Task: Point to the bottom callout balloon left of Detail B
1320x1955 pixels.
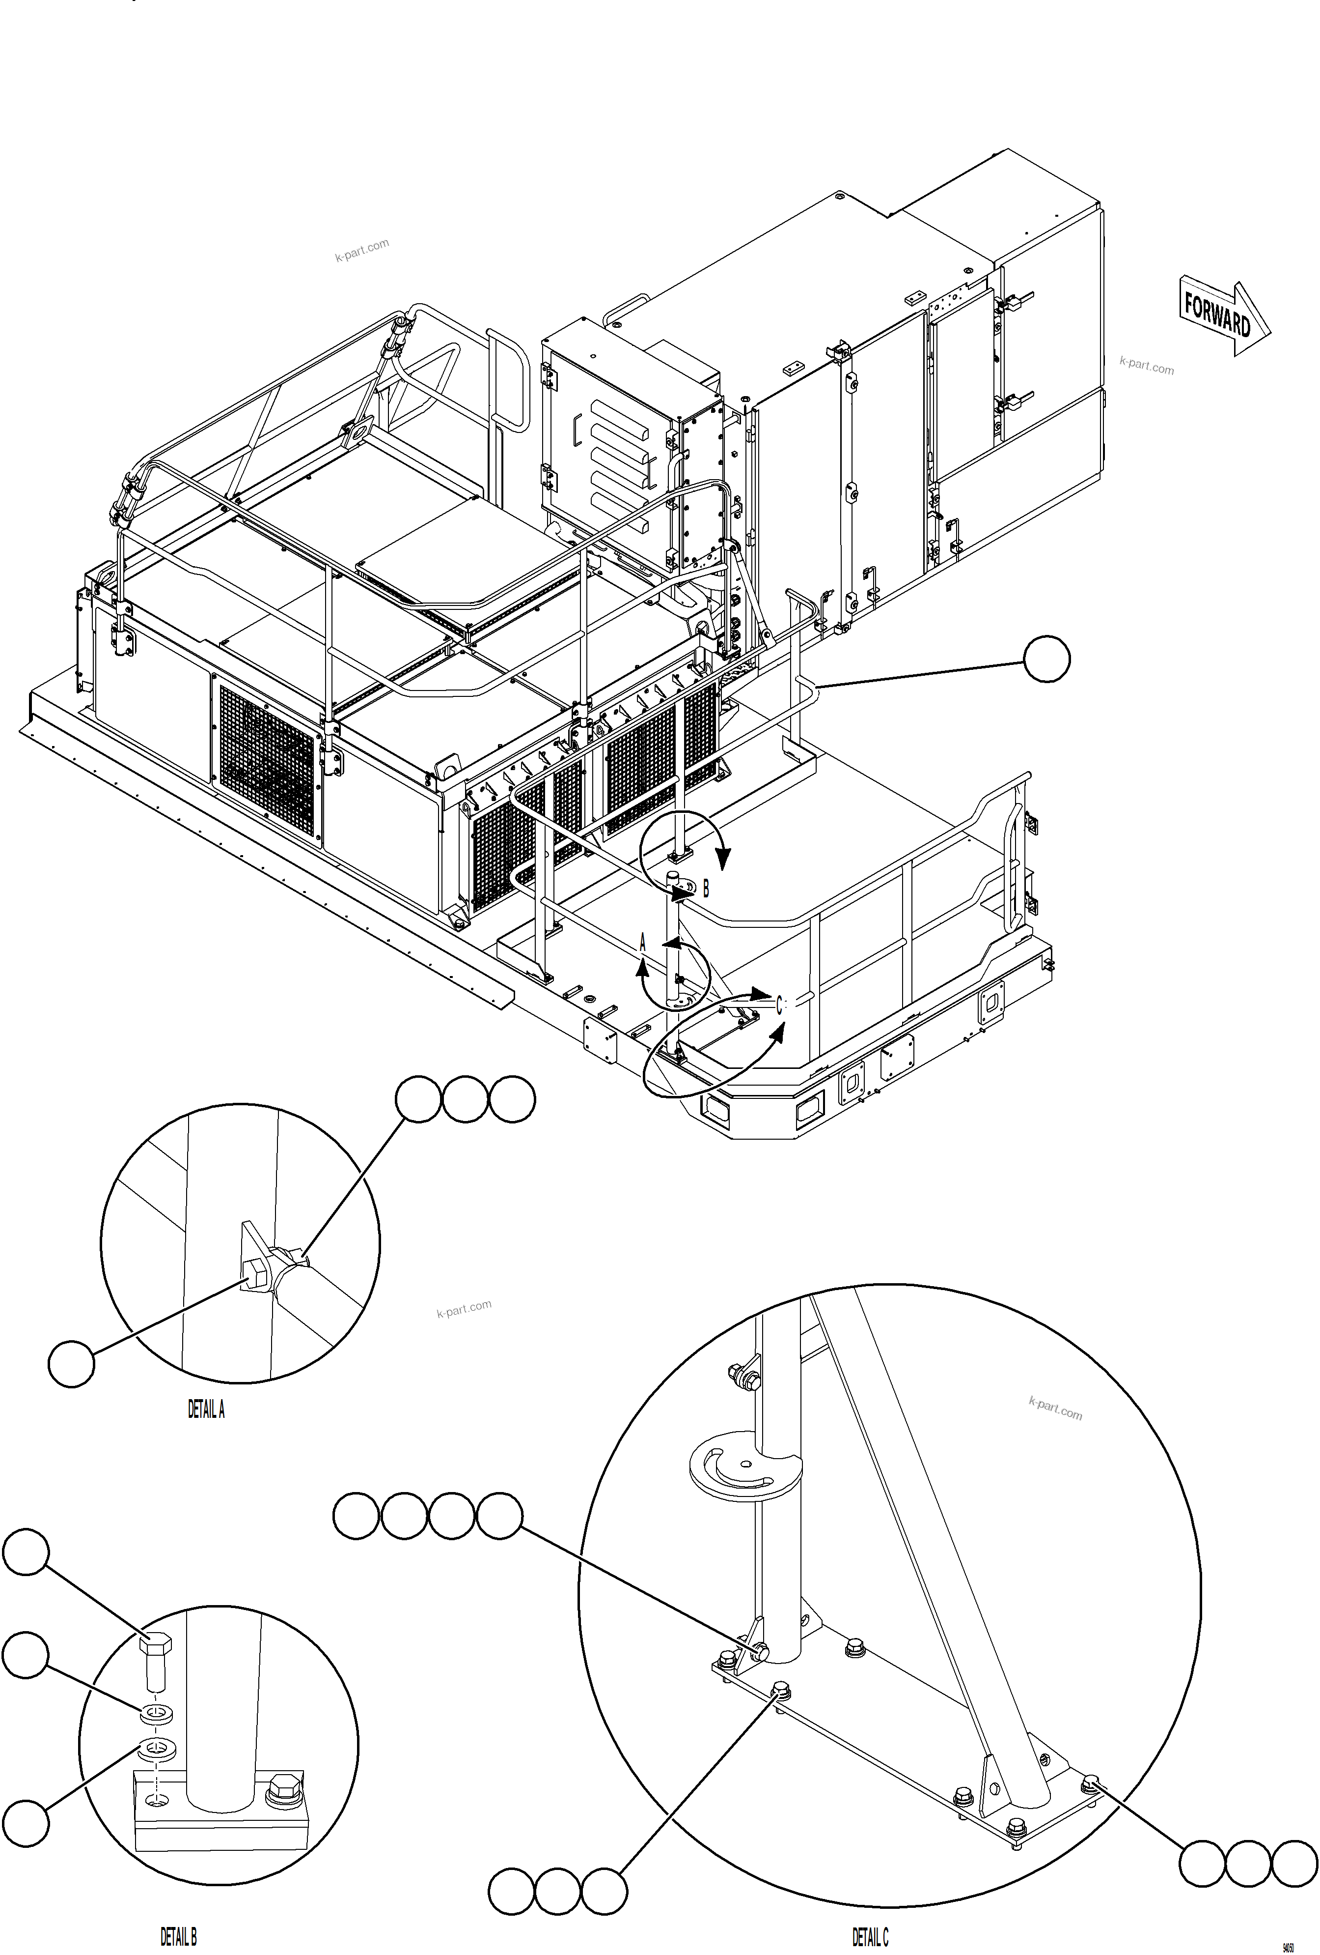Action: tap(25, 1822)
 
